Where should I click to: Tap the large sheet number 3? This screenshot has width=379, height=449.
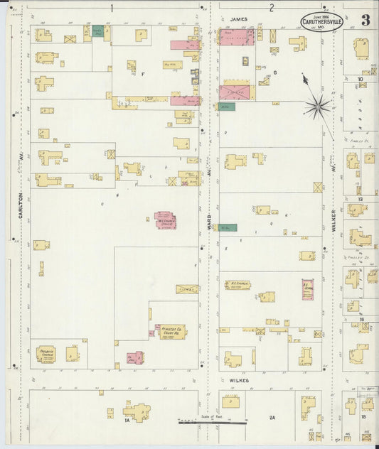[365, 20]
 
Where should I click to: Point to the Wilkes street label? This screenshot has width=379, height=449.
[239, 380]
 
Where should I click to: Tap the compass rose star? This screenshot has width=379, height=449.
[318, 107]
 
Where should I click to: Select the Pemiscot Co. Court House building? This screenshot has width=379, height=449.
[171, 332]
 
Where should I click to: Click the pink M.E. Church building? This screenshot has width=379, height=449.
[166, 220]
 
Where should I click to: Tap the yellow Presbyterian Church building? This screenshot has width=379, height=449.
[47, 354]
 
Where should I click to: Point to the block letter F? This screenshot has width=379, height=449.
[143, 74]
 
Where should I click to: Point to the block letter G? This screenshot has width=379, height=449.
[274, 72]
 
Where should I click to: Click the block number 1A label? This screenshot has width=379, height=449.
[127, 421]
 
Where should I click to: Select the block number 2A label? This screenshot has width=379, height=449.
[272, 418]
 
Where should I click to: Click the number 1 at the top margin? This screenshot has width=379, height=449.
[112, 7]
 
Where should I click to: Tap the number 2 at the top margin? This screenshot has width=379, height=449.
[272, 7]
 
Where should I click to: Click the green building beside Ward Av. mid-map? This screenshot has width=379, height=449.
[228, 227]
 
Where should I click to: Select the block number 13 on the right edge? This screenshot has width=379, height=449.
[361, 200]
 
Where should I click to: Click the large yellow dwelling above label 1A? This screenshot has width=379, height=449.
[137, 411]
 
